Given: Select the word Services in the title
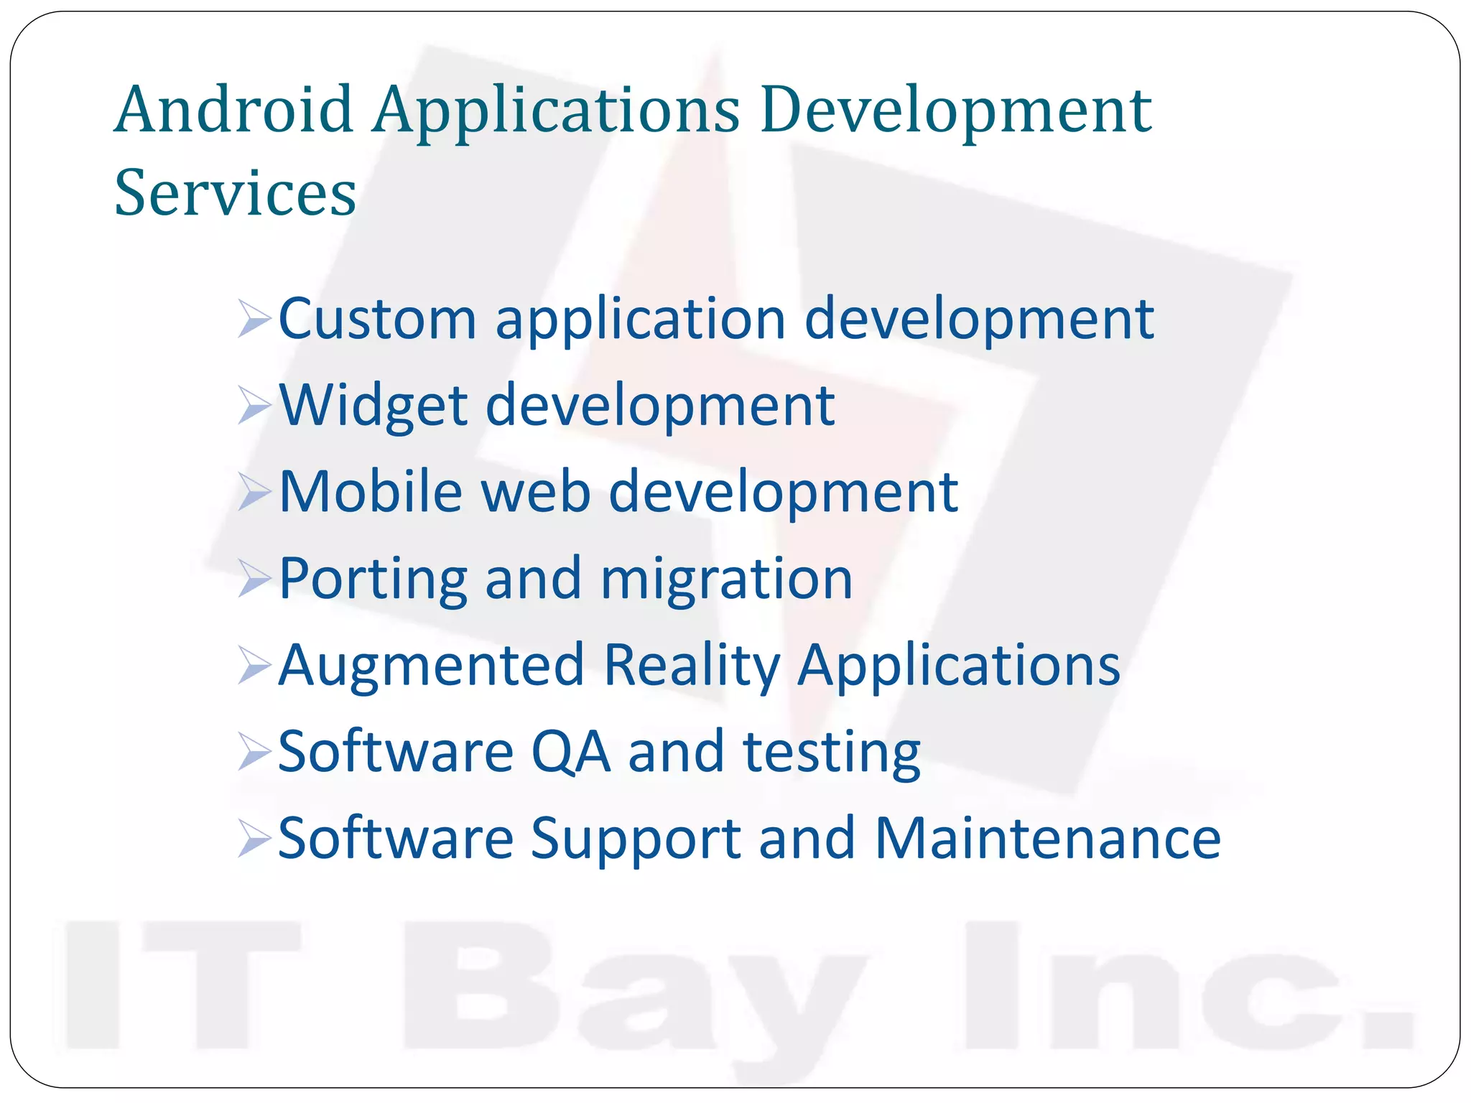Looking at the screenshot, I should (235, 192).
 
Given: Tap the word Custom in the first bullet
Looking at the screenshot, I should (377, 319).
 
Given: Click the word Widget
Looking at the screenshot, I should (373, 406).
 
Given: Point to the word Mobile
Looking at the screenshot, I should (371, 492).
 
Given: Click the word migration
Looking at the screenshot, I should (726, 579).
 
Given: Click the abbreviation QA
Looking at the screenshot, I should (571, 752).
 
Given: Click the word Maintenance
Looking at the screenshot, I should (1048, 838).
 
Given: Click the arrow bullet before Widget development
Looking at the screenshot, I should (254, 406).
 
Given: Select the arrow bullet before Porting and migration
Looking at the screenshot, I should (254, 580).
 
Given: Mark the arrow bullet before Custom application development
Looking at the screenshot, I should (254, 320).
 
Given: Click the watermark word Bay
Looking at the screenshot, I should (632, 995).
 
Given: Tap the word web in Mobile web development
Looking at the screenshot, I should (536, 492).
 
